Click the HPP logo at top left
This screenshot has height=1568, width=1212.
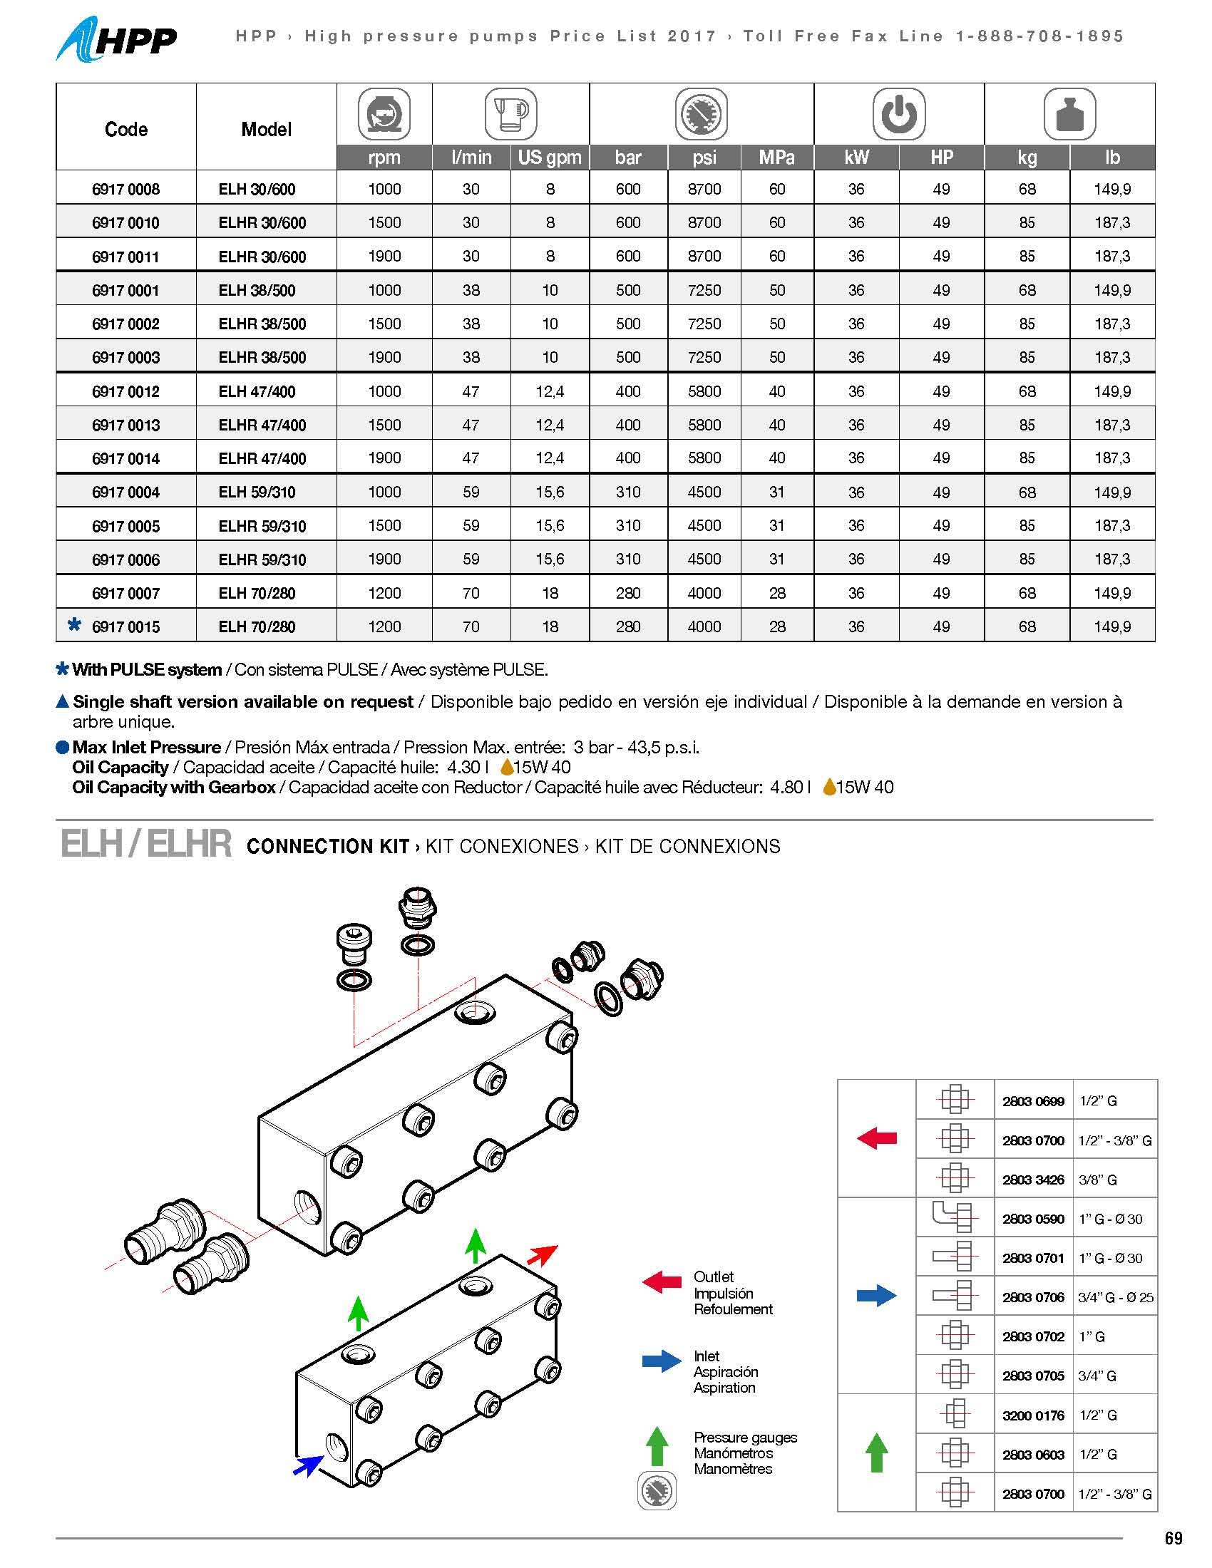(116, 39)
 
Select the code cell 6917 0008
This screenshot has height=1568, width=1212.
(125, 190)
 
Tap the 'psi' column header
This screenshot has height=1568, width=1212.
(704, 158)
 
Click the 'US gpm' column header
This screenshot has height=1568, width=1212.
(550, 158)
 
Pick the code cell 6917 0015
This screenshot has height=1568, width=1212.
(125, 626)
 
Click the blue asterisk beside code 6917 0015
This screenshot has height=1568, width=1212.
(74, 624)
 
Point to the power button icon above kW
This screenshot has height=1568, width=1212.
(898, 114)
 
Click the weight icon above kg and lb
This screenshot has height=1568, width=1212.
(1069, 114)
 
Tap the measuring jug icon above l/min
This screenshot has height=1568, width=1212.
(510, 114)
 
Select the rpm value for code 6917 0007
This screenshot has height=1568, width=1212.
(384, 593)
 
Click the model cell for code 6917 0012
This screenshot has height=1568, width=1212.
(257, 391)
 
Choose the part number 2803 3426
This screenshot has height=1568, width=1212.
(1033, 1180)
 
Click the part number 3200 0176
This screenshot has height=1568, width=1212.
(1033, 1415)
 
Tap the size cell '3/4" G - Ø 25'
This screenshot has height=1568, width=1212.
(1115, 1297)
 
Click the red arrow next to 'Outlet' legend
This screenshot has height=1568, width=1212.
(662, 1282)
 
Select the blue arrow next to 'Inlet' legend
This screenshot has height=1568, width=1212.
(662, 1361)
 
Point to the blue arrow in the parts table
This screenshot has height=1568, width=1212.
(876, 1296)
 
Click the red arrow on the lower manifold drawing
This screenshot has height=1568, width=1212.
(542, 1255)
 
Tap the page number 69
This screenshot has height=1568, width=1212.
(1174, 1538)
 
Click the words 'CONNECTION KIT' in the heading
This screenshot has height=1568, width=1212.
(327, 847)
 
